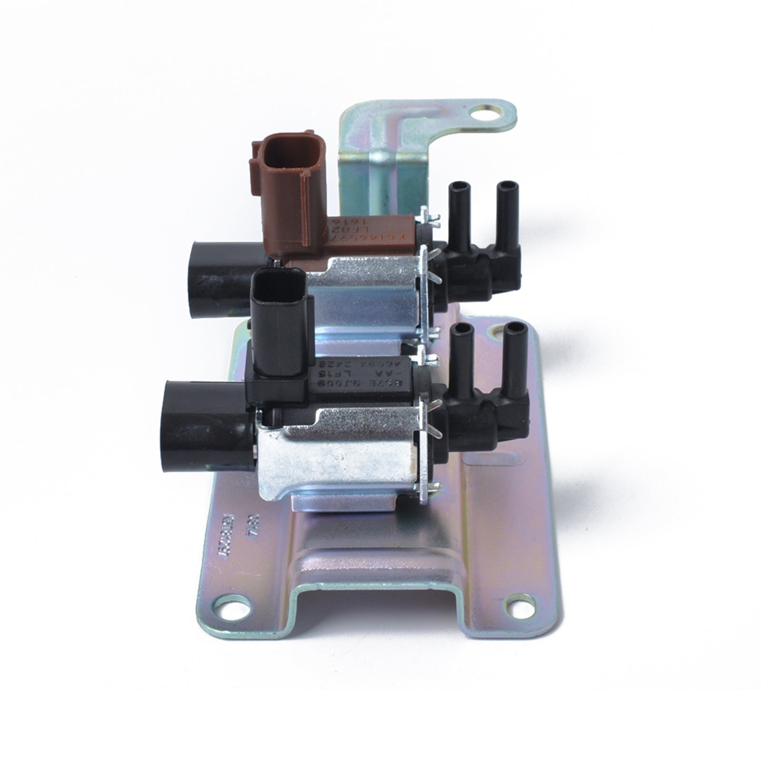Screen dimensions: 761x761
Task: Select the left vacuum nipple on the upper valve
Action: click(458, 214)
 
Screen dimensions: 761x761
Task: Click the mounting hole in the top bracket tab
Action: click(484, 113)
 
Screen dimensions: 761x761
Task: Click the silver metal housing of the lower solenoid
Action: click(333, 457)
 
